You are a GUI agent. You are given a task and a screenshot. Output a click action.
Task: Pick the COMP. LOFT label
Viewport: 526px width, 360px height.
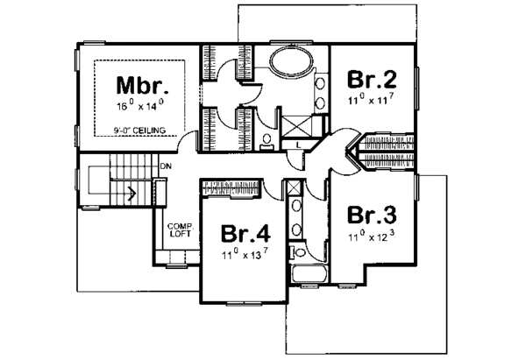(x=180, y=229)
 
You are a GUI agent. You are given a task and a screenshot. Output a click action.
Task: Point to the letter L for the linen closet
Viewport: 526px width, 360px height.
(x=298, y=144)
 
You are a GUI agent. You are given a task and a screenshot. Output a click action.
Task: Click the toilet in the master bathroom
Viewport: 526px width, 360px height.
(x=266, y=139)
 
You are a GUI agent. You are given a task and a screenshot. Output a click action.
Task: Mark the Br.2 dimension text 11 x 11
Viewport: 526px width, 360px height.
(x=373, y=102)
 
